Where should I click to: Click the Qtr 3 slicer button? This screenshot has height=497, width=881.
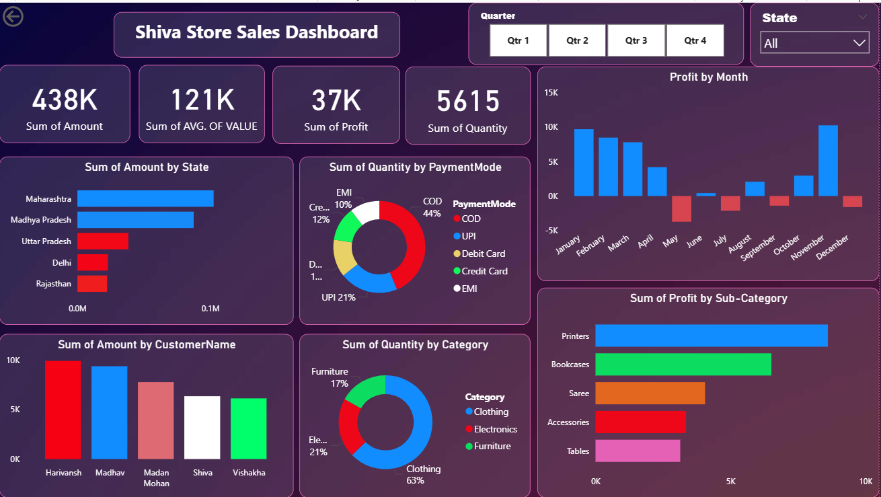[x=636, y=40]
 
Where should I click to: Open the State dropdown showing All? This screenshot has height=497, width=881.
[x=814, y=43]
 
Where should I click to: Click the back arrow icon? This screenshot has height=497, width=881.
[x=13, y=17]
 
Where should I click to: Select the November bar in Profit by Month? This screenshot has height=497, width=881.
[x=828, y=161]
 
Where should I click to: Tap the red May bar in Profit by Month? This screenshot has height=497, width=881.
[x=681, y=208]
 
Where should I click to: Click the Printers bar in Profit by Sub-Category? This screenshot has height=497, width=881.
[x=711, y=336]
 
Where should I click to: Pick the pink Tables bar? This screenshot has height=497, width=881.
[x=638, y=451]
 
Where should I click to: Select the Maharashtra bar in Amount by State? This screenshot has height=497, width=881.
[x=145, y=199]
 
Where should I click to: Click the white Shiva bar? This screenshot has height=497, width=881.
[x=202, y=428]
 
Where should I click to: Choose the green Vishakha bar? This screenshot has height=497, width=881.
[x=248, y=428]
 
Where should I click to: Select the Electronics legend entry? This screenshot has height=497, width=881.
[x=495, y=429]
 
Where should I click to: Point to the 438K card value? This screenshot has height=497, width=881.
[x=65, y=100]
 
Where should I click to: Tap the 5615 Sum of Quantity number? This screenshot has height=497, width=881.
[x=467, y=102]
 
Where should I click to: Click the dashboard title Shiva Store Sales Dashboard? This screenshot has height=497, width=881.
[x=256, y=32]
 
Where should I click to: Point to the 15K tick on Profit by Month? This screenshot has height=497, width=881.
[x=551, y=93]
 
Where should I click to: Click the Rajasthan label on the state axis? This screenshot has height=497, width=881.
[x=54, y=284]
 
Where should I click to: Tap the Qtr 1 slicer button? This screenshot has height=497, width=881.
[x=518, y=40]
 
